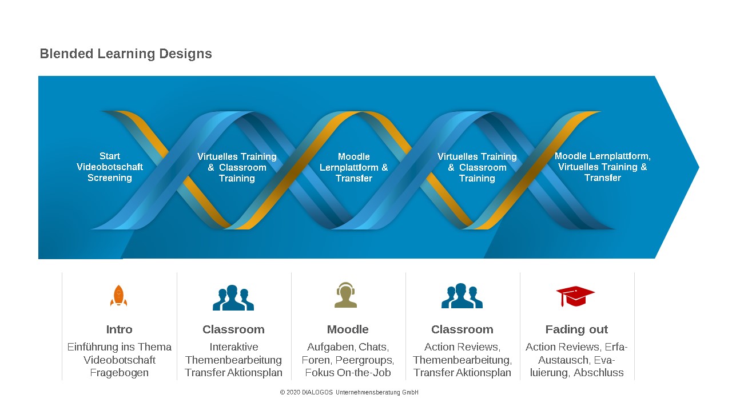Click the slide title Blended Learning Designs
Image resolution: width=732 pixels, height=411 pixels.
126,54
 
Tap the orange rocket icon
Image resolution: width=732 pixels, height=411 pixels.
118,296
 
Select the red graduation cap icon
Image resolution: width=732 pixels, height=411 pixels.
575,296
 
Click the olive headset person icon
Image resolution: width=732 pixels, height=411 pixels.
346,295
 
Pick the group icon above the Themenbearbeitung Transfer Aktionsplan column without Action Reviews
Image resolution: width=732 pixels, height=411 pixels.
233,297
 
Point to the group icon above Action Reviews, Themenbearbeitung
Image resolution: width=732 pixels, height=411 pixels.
462,296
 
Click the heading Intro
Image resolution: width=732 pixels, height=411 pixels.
120,329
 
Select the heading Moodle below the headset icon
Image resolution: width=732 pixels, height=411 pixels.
348,329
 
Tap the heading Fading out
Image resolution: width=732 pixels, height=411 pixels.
576,330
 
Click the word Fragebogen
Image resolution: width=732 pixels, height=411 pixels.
120,373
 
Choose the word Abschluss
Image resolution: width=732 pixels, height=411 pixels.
599,373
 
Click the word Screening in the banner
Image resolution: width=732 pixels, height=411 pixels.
110,178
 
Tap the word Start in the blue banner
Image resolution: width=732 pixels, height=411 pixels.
110,156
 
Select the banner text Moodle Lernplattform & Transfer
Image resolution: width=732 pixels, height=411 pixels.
353,167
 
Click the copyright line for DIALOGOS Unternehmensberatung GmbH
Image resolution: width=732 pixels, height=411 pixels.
349,392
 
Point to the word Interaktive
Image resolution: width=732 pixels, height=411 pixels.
234,346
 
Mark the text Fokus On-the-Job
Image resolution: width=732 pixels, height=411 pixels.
348,373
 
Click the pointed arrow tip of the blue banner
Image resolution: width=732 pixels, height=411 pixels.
699,167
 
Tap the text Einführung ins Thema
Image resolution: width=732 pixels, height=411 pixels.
120,346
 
